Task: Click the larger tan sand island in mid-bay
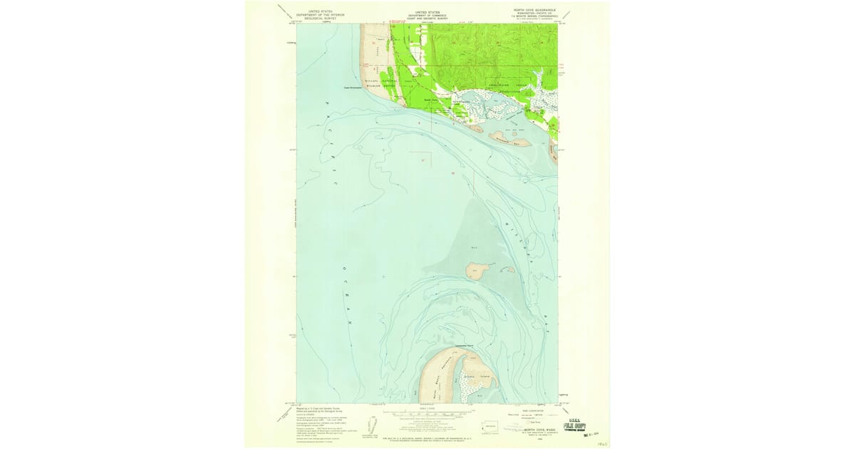[x=476, y=270]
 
